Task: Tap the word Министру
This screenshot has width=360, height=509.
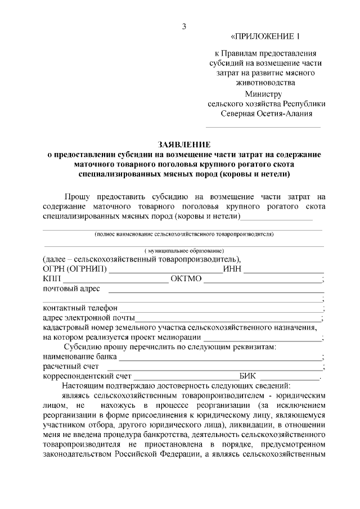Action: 263,94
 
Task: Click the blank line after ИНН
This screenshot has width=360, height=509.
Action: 282,271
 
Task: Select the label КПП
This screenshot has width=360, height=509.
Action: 52,279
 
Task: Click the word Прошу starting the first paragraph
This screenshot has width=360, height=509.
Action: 77,197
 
